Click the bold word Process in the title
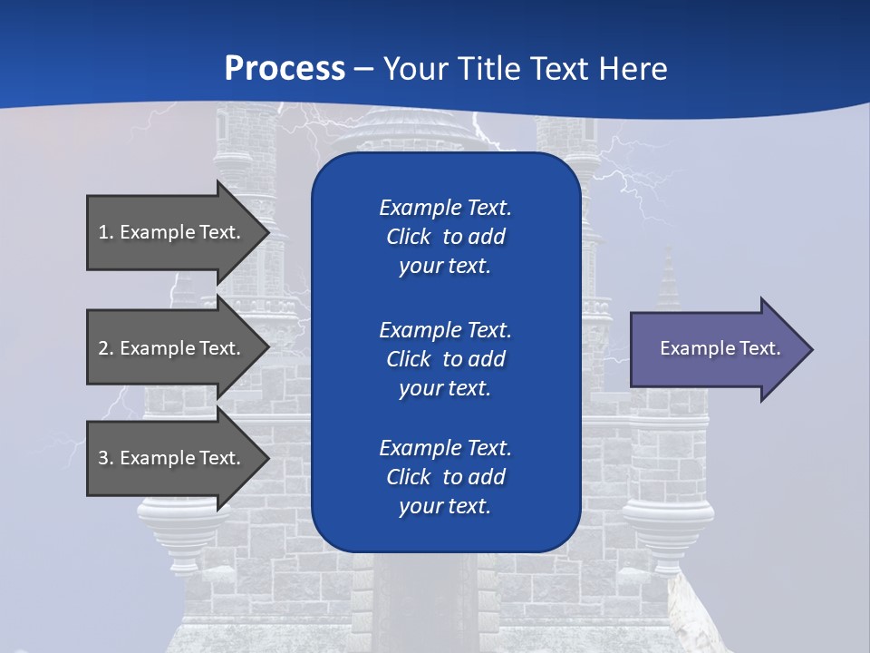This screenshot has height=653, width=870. click(x=285, y=69)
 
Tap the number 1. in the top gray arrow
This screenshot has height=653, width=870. click(x=106, y=232)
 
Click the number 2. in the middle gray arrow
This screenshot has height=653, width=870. click(x=106, y=348)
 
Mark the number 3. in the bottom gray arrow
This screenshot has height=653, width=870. click(x=106, y=458)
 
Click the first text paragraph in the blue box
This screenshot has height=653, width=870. click(x=445, y=237)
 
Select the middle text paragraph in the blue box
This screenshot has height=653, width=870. click(x=445, y=359)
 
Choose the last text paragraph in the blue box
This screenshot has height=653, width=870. click(x=445, y=477)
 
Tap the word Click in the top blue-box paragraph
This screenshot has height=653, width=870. click(x=409, y=237)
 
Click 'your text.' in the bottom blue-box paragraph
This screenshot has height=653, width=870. click(x=445, y=506)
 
